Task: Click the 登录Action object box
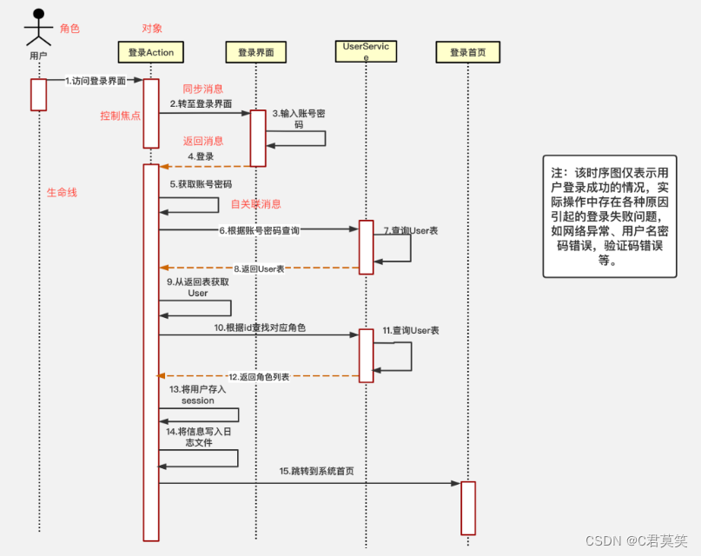150,52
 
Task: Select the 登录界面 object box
256,52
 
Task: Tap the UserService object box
366,51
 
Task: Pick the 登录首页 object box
467,52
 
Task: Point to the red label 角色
69,29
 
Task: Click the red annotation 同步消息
202,89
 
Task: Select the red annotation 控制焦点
120,116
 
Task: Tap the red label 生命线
62,192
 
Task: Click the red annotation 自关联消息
255,204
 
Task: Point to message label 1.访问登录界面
96,81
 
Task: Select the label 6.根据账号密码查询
259,230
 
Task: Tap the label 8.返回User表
259,268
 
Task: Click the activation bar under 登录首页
468,507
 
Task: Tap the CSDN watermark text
638,540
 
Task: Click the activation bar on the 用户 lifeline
38,95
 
